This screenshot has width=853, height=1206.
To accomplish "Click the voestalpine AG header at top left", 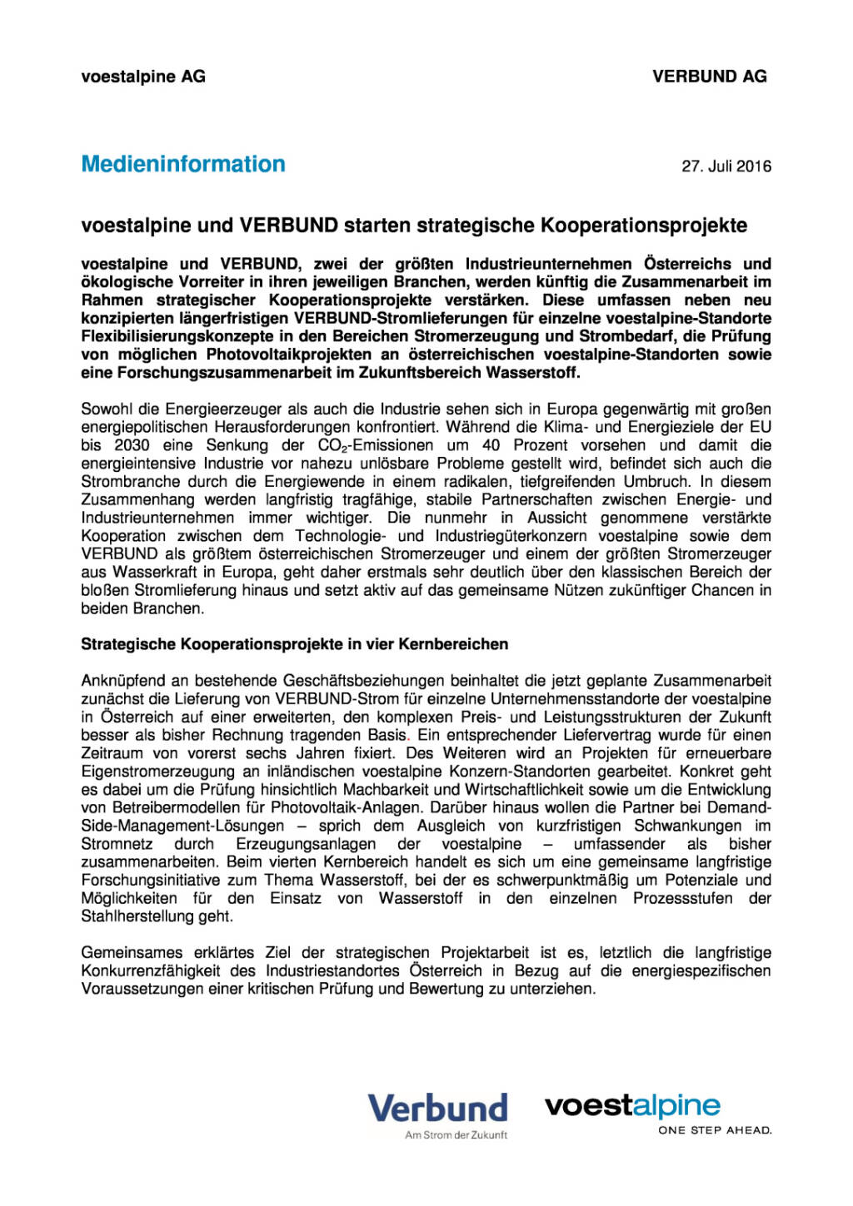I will pos(143,77).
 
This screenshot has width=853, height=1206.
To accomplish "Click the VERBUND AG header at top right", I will pos(710,77).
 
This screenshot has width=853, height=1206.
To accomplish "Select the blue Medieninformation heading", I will pos(183,164).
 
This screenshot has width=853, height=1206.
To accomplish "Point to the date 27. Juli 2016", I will pos(726,166).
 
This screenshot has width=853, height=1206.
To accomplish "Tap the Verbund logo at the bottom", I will pos(438,1108).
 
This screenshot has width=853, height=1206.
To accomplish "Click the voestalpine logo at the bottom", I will pos(632,1105).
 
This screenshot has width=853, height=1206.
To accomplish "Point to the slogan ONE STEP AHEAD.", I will pos(715,1130).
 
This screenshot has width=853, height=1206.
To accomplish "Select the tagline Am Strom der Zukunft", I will pos(456,1134).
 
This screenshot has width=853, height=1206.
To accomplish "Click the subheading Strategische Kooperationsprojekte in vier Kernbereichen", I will pos(294,644).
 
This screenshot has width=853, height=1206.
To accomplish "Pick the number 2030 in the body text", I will pos(132,445).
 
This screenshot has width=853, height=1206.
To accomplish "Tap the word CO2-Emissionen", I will pos(376,445).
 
